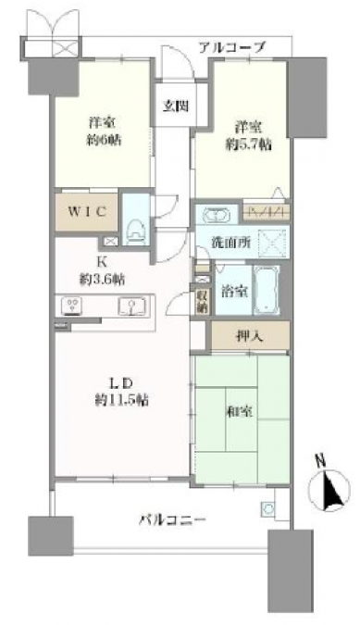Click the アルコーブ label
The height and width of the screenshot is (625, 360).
[x=231, y=48]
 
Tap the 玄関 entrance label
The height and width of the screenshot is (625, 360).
[x=176, y=106]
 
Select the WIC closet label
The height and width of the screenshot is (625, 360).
[x=86, y=212]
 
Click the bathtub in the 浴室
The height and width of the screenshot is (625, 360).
[x=266, y=290]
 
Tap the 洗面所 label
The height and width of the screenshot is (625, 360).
[x=231, y=243]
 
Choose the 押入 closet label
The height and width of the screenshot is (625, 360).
[x=249, y=337]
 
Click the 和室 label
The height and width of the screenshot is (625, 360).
[x=240, y=412]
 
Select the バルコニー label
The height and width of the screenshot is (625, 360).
[x=172, y=519]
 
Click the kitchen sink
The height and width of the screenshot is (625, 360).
[x=131, y=306]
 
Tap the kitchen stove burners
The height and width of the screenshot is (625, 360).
[x=72, y=306]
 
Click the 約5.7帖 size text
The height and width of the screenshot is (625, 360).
[x=249, y=145]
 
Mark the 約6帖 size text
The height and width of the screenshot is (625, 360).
[x=102, y=140]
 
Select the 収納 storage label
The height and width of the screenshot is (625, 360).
[x=202, y=301]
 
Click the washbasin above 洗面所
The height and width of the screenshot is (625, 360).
[x=217, y=216]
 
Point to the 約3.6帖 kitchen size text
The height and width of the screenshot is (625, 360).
[x=102, y=280]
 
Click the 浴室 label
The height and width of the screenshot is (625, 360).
[x=234, y=292]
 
